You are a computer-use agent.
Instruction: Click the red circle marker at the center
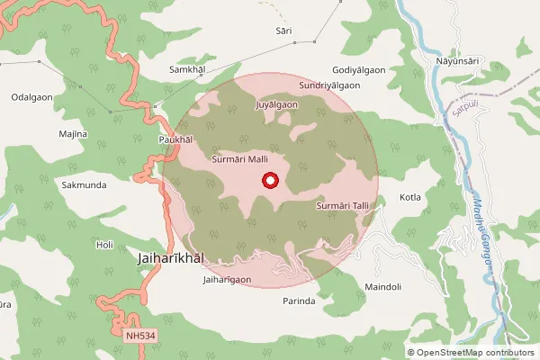pos(269,181)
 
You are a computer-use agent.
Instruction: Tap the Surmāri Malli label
pos(240,158)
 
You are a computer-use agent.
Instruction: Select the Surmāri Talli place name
pos(344,206)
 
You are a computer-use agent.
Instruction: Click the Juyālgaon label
pos(277,105)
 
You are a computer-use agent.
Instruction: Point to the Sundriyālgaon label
pos(330,85)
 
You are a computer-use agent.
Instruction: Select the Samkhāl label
pos(188,69)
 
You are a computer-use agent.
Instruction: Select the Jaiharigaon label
pos(227,280)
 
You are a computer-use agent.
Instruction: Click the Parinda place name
pos(299,301)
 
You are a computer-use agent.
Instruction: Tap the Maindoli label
pos(382,288)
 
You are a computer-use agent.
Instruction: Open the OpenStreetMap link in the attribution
pos(449,353)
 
